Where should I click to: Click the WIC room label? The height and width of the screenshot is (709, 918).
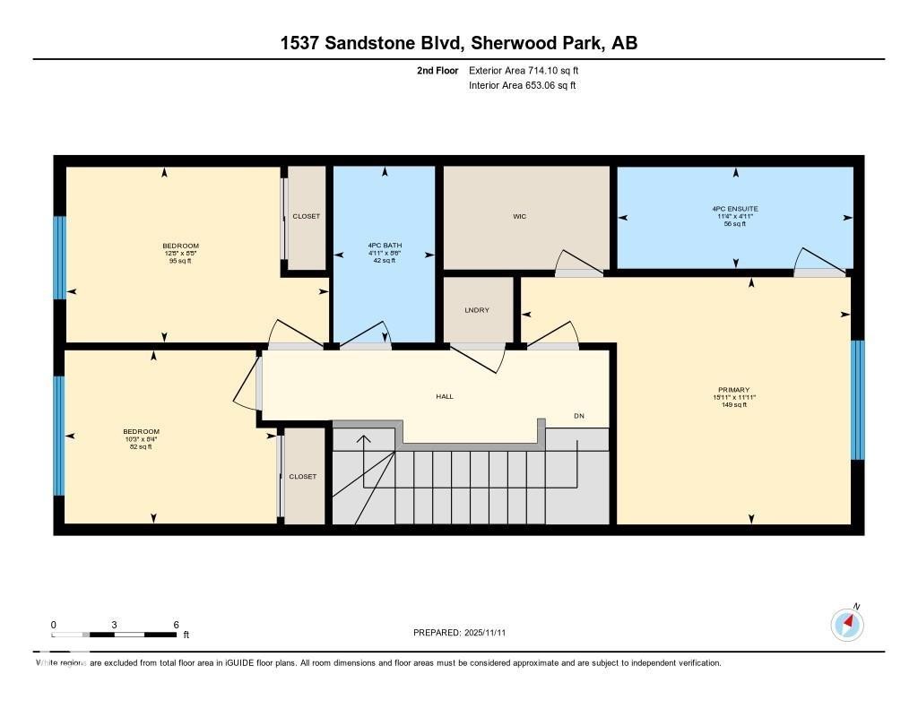click(x=518, y=216)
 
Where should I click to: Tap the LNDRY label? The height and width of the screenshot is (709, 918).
click(x=475, y=310)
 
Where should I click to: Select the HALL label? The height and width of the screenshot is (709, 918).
click(x=445, y=396)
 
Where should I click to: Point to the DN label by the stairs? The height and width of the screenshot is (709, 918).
click(x=580, y=416)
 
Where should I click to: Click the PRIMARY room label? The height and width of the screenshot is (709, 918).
click(x=733, y=390)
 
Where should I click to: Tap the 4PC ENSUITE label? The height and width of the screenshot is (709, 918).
click(x=735, y=209)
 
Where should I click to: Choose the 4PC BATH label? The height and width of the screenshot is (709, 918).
click(x=383, y=246)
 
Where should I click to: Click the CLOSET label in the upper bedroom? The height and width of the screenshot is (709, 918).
click(x=306, y=216)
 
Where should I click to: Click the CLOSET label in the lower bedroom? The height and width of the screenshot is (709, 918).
click(x=302, y=476)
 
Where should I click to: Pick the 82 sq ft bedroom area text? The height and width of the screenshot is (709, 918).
click(x=141, y=446)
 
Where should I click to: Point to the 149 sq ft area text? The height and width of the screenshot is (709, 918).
click(x=733, y=405)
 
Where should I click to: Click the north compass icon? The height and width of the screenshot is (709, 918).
click(x=847, y=624)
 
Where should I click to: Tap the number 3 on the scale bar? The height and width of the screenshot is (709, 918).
click(x=115, y=625)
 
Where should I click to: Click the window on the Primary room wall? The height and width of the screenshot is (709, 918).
click(x=857, y=400)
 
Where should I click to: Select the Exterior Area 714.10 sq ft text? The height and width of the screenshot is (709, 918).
click(x=529, y=70)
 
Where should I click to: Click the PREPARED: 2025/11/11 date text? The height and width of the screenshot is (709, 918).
click(x=465, y=633)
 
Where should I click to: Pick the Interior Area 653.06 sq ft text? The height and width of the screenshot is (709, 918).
click(x=522, y=85)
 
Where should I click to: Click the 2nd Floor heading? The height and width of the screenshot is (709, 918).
click(x=437, y=70)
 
